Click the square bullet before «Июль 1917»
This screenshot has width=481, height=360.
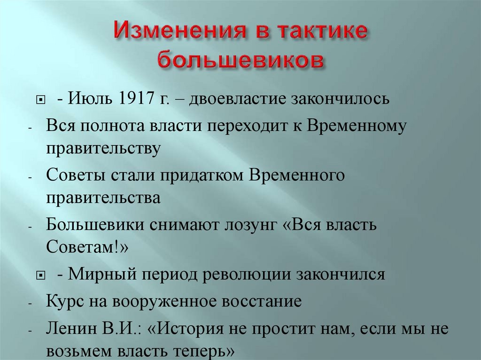[40, 100]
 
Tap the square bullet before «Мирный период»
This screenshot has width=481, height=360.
[40, 275]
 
